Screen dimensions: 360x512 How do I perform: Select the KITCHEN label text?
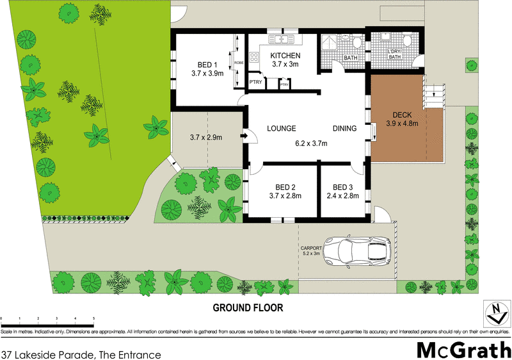pyautogui.click(x=285, y=56)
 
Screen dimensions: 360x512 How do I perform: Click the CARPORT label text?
pyautogui.click(x=310, y=248)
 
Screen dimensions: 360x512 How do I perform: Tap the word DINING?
pyautogui.click(x=344, y=129)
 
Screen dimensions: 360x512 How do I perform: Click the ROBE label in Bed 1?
pyautogui.click(x=239, y=63)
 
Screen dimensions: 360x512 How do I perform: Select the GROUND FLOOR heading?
pyautogui.click(x=248, y=307)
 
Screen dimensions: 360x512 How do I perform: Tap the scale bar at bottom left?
pyautogui.click(x=48, y=319)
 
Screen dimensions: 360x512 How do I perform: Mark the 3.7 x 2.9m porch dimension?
pyautogui.click(x=207, y=136)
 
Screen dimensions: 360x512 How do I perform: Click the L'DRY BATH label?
pyautogui.click(x=395, y=54)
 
